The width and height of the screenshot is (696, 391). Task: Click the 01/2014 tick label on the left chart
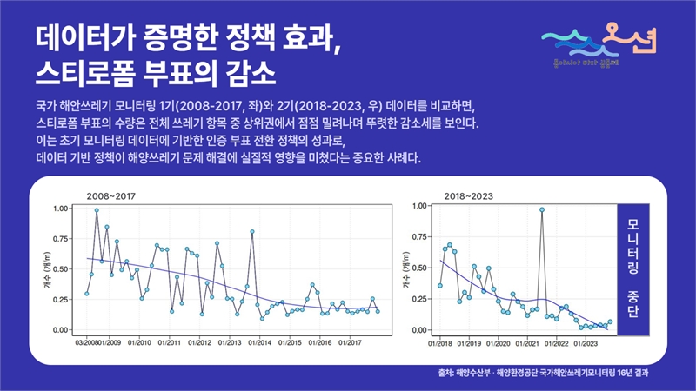tap(259, 341)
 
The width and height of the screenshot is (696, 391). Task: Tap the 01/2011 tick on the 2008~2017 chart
tap(170, 341)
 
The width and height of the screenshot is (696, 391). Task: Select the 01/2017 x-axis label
tap(350, 341)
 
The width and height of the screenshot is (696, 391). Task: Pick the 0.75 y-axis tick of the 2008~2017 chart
tap(64, 239)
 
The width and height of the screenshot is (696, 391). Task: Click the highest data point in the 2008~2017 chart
tap(97, 210)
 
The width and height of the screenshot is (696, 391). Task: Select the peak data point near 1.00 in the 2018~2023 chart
tap(542, 209)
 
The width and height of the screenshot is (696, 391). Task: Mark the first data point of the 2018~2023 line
tap(440, 285)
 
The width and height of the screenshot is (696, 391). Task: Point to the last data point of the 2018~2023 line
tap(610, 321)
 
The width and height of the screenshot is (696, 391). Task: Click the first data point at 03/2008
tap(86, 294)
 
